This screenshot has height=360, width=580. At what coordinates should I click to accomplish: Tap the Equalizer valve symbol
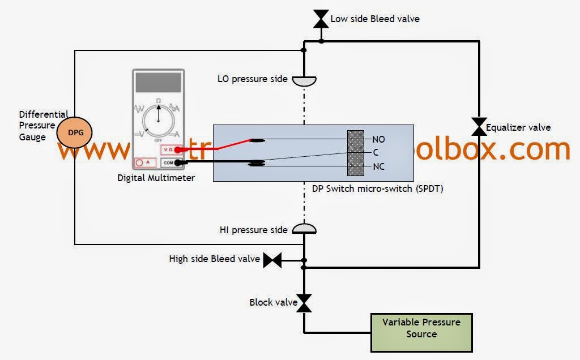(479, 126)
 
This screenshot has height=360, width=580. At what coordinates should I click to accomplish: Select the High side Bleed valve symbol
(272, 260)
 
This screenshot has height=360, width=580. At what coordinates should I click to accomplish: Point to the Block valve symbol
(304, 303)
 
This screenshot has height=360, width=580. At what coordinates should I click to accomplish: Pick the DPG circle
(75, 131)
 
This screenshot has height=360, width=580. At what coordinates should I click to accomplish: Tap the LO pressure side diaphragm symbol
(304, 81)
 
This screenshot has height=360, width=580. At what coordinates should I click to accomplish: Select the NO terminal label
(378, 139)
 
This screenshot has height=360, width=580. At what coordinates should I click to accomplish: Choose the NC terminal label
(378, 166)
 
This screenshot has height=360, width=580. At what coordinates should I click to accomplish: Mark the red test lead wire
(215, 145)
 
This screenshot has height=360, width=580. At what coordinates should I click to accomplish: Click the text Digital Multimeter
(156, 178)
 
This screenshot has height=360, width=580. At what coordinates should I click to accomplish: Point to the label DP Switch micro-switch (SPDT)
(377, 188)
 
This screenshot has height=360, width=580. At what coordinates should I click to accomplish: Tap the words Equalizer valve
(518, 127)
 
